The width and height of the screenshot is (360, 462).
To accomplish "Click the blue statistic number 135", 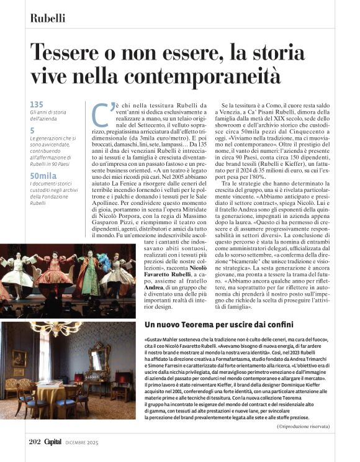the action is pyautogui.click(x=37, y=104).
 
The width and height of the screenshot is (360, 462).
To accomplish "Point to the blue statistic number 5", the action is pyautogui.click(x=32, y=130).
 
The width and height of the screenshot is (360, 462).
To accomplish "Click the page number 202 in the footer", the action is pyautogui.click(x=35, y=442).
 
